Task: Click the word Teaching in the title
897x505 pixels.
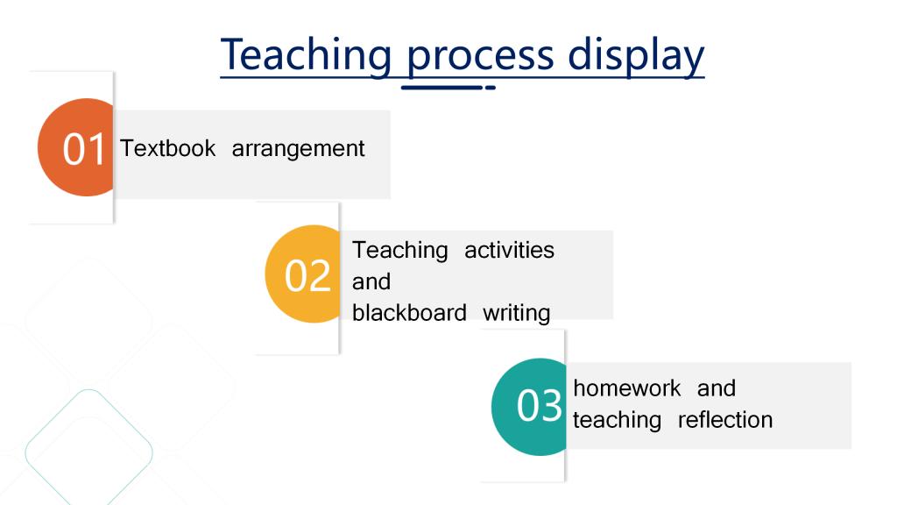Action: pos(306,55)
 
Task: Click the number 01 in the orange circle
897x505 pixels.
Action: pos(83,149)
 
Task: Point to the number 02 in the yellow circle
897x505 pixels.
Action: pos(307,276)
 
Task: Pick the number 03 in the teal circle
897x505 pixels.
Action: pos(539,406)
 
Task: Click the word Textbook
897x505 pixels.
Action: pos(167,148)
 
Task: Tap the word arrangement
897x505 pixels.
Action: pos(298,149)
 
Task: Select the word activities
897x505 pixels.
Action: pos(509,250)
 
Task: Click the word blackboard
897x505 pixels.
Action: pos(409,313)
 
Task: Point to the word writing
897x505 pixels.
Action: pos(516,314)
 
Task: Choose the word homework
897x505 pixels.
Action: pos(627,388)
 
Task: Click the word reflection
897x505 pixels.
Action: pos(724,420)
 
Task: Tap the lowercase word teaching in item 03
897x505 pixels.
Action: pos(618,421)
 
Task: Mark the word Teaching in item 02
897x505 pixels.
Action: pos(399,251)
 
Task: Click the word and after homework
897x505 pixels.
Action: pos(717,388)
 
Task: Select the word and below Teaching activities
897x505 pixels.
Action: pos(371,281)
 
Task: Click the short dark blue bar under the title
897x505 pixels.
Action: pos(442,88)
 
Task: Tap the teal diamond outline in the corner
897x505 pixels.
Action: pos(88,452)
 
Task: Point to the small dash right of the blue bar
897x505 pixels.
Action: pos(491,88)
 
